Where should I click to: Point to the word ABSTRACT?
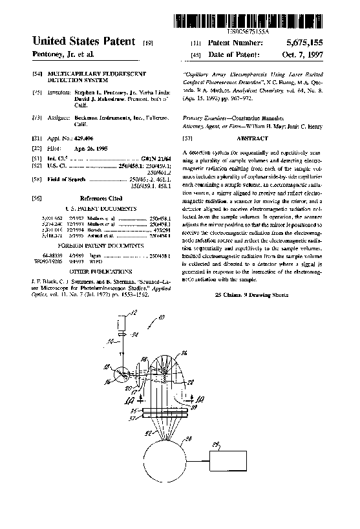coord(253,138)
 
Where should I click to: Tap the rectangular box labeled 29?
coord(226,460)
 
